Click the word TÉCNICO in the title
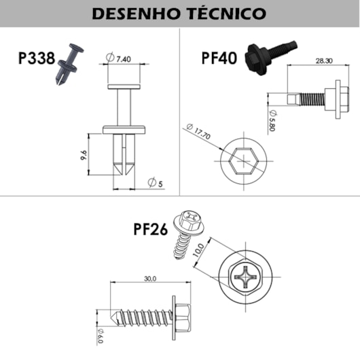click(x=227, y=14)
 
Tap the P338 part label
click(x=37, y=58)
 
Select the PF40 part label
click(x=219, y=58)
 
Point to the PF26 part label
click(x=151, y=229)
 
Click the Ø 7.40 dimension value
click(x=118, y=58)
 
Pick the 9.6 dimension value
click(x=84, y=155)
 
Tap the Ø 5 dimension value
click(x=155, y=183)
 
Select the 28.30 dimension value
click(x=324, y=61)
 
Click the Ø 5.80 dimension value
click(x=272, y=121)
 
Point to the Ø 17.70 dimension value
click(x=198, y=132)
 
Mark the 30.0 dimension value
click(x=150, y=278)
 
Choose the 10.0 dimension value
click(x=198, y=251)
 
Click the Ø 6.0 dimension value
click(x=101, y=336)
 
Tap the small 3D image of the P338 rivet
click(x=70, y=65)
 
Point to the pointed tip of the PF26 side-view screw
click(x=111, y=318)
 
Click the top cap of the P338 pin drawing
click(x=124, y=86)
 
